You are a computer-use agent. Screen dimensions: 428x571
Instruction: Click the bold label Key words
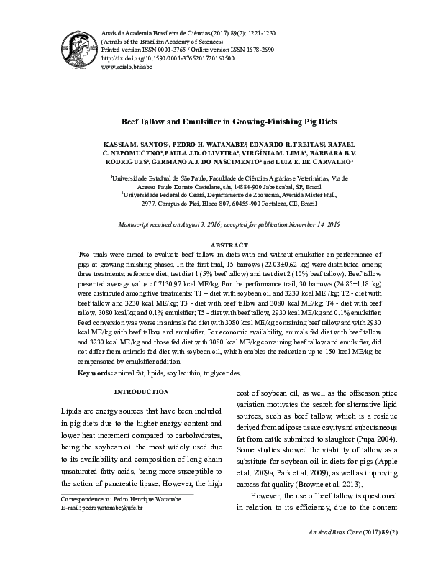pos(94,373)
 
